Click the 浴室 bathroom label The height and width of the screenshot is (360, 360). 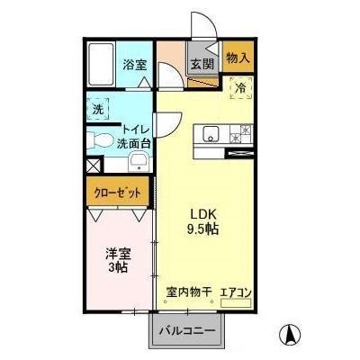[x=135, y=65]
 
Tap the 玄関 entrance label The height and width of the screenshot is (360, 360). [x=201, y=65]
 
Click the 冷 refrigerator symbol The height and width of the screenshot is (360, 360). [x=240, y=88]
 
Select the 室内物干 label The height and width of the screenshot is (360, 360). [x=187, y=292]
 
